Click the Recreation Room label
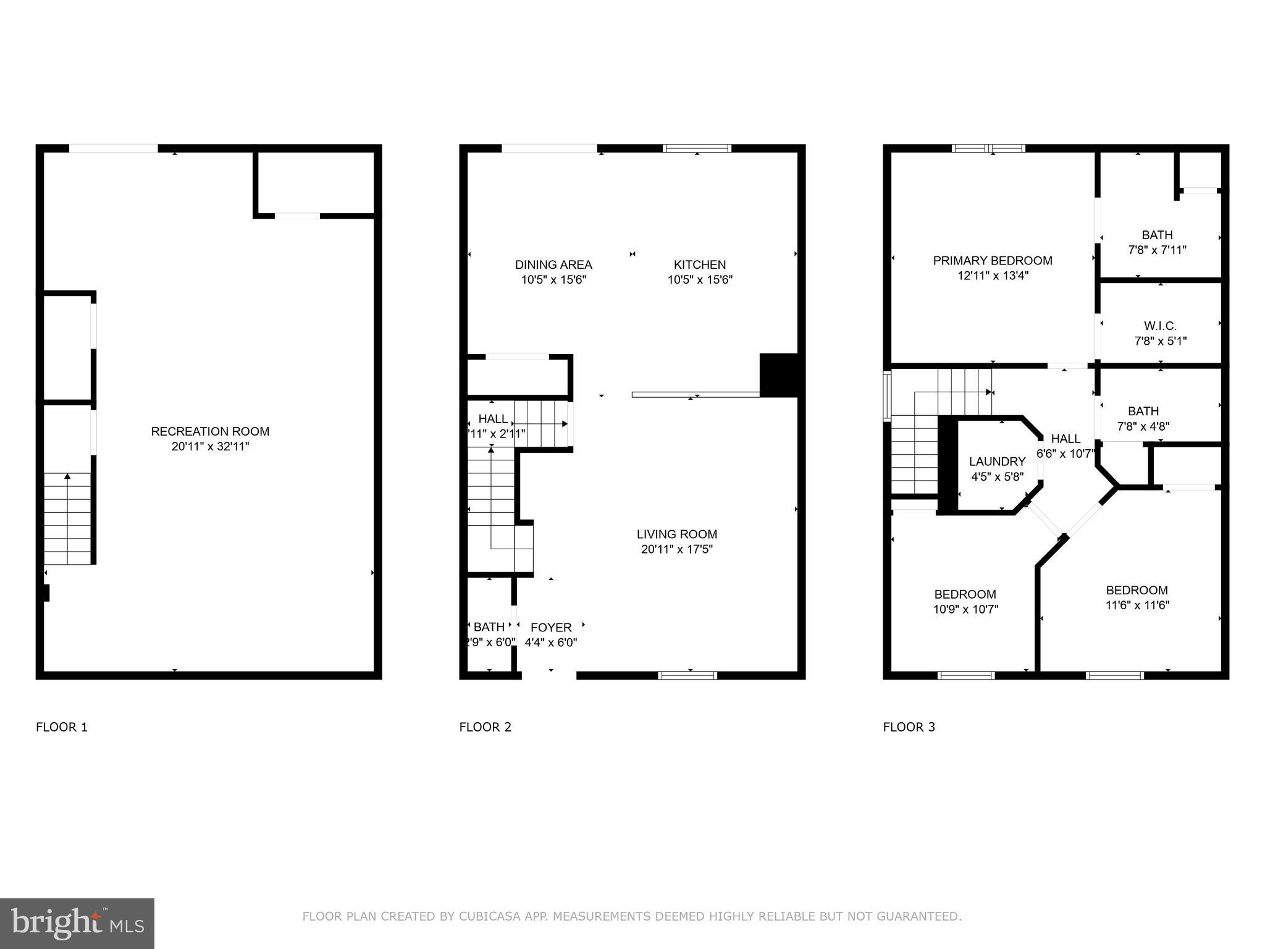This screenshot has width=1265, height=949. point(210,431)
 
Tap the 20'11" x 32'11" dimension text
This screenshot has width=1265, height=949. point(210,447)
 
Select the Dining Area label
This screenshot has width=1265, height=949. point(553,264)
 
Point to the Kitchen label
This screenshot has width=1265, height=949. point(699,264)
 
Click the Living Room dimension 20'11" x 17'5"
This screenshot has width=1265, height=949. point(677,549)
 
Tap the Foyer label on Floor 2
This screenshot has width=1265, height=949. point(551,627)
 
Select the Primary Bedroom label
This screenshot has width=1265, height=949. point(992,261)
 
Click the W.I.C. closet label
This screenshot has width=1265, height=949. point(1160,326)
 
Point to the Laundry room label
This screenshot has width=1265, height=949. point(997,462)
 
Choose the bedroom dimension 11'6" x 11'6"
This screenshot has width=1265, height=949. point(1137,605)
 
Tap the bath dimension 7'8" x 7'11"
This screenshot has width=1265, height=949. point(1157,250)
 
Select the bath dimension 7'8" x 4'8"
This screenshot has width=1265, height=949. point(1143,426)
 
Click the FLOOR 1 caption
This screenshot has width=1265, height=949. point(62,727)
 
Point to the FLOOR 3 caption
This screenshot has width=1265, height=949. point(909,727)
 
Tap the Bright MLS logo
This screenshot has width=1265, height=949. point(77,923)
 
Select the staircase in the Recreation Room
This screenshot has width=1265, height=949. point(67,519)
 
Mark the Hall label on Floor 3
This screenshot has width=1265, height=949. point(1065,439)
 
